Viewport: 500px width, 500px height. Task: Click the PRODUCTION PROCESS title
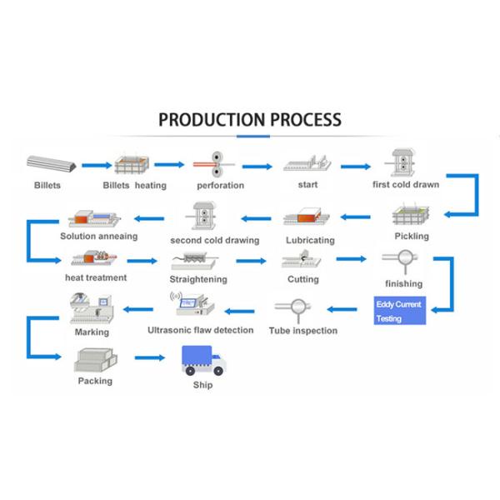(250, 119)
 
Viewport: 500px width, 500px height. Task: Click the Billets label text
(47, 185)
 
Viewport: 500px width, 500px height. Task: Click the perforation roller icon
(218, 162)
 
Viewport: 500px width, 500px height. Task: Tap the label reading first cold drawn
(405, 185)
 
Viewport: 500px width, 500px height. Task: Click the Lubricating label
(310, 240)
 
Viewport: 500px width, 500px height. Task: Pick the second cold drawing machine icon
(205, 216)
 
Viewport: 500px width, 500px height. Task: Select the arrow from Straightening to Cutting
(255, 260)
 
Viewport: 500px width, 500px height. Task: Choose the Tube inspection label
(303, 331)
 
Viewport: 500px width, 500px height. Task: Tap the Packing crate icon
(94, 360)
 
